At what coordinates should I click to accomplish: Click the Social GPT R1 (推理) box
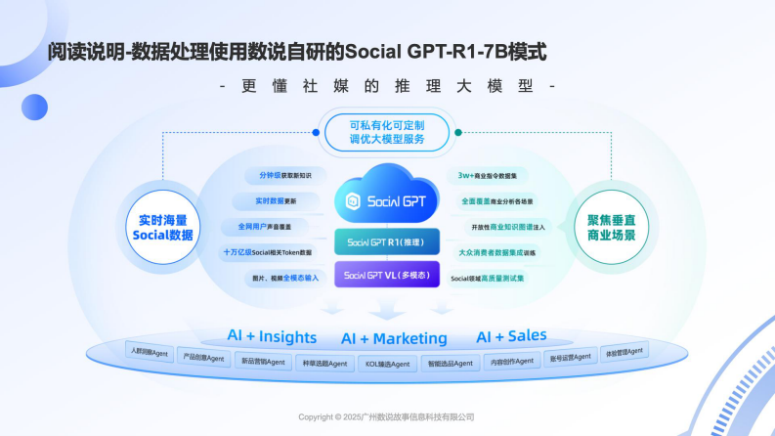[387, 241]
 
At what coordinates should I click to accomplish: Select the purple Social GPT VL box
[387, 275]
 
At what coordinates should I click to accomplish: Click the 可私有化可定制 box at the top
[387, 132]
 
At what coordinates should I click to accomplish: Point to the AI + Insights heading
[272, 336]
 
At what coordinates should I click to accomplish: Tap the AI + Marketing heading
[394, 339]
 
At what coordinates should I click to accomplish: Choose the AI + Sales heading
[511, 335]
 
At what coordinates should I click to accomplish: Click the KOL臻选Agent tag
[388, 364]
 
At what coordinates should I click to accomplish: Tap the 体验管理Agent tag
[624, 351]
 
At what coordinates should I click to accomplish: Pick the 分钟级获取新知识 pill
[284, 176]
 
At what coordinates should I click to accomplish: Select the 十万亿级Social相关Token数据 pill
[267, 252]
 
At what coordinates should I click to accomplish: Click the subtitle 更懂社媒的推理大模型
[387, 86]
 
